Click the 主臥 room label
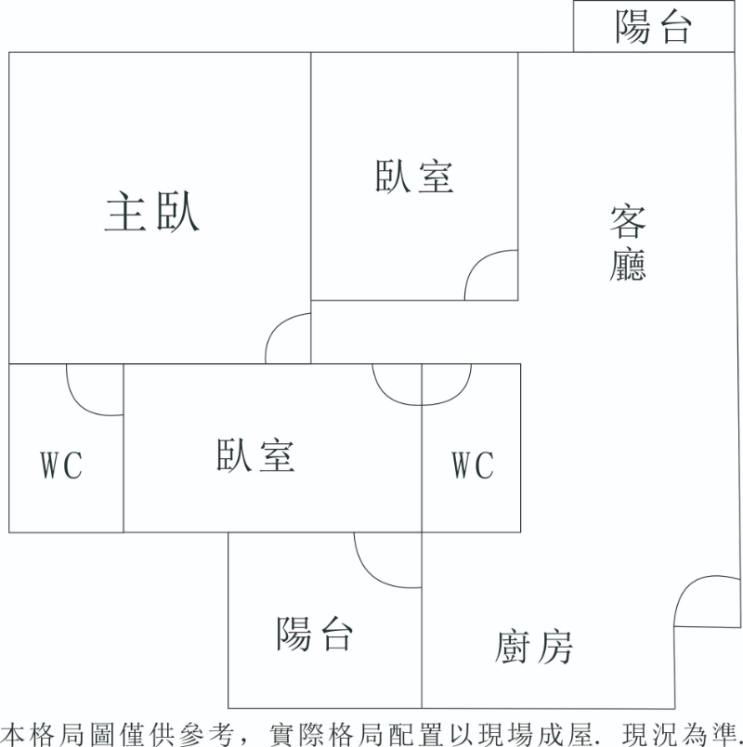tap(151, 213)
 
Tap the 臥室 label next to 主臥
tap(414, 177)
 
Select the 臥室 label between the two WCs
tap(255, 456)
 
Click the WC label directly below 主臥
tap(61, 465)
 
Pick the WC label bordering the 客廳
tap(473, 465)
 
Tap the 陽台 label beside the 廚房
tap(315, 635)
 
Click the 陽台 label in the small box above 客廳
tap(654, 29)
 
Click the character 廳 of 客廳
tap(628, 264)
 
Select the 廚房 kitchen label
tap(534, 647)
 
